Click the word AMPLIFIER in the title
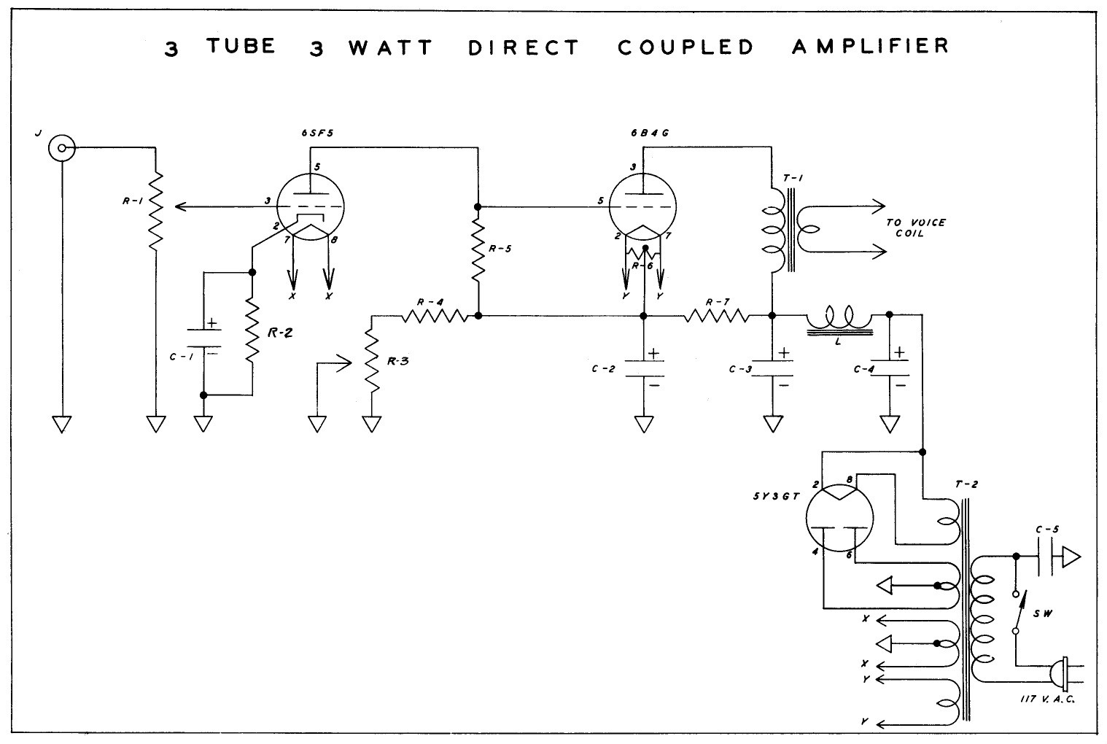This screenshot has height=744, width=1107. [870, 46]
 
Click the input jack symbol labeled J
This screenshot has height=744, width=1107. [61, 149]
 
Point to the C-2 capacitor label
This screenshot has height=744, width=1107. [604, 369]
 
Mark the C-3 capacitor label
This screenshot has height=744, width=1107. [740, 369]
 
